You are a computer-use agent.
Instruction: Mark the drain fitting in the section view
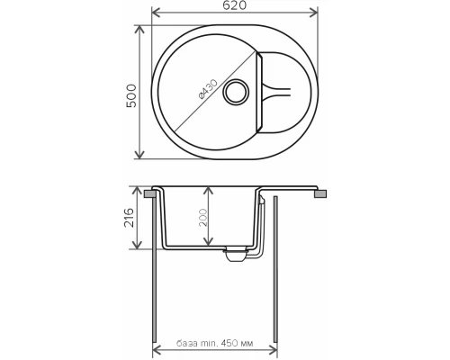(x=235, y=255)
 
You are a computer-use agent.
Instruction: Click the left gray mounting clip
(x=148, y=193)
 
